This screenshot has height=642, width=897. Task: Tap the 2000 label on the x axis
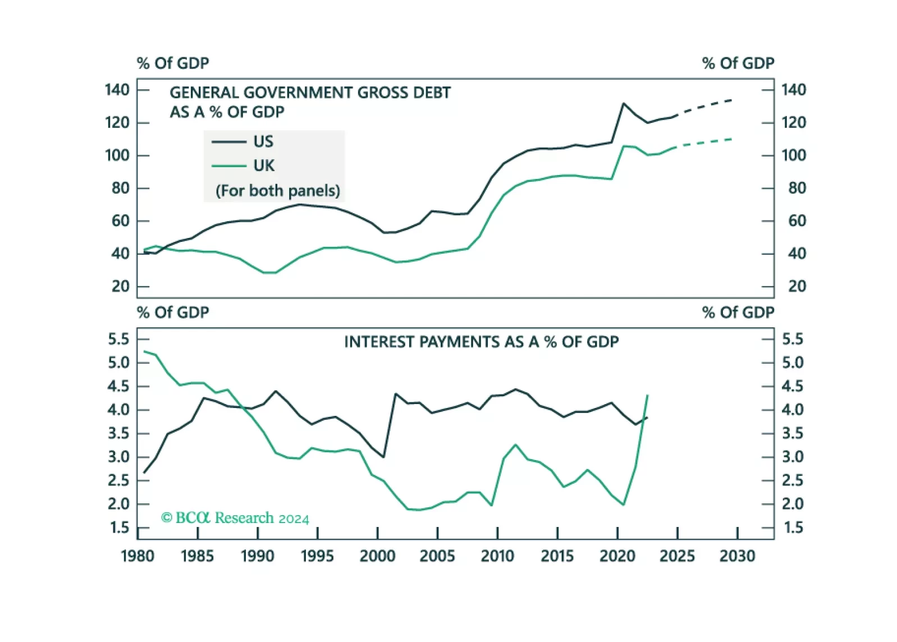click(377, 556)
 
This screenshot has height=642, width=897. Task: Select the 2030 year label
click(737, 556)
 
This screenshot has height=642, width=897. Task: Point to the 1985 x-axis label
click(197, 556)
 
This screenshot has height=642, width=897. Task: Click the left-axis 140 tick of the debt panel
click(117, 90)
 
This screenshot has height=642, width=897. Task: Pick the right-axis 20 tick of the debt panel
click(797, 286)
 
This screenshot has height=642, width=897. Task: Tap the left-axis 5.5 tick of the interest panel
click(118, 339)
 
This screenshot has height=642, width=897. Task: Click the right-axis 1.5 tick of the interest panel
click(793, 528)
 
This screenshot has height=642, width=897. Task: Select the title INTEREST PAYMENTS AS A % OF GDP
click(481, 342)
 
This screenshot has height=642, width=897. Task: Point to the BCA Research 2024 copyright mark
click(235, 517)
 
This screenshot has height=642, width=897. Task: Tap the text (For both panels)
click(277, 191)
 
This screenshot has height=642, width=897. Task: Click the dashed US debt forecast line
click(704, 107)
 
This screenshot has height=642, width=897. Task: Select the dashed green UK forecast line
click(704, 143)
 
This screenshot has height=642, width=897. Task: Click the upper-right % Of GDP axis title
click(738, 63)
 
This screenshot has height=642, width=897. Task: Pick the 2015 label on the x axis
click(557, 556)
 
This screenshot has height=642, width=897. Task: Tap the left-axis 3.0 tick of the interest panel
click(118, 457)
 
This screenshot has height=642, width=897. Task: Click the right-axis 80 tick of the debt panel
click(797, 188)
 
